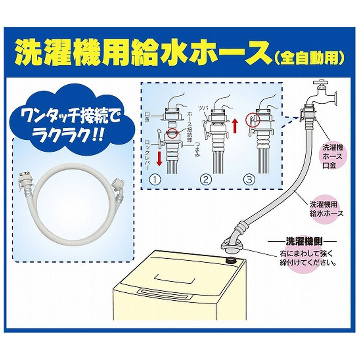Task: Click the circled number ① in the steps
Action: point(155,180)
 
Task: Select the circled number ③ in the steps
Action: point(249,180)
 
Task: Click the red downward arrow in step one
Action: point(159,158)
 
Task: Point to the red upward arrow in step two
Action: point(235,126)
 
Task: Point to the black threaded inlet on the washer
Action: point(231,260)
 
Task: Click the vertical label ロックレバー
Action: point(147,155)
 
